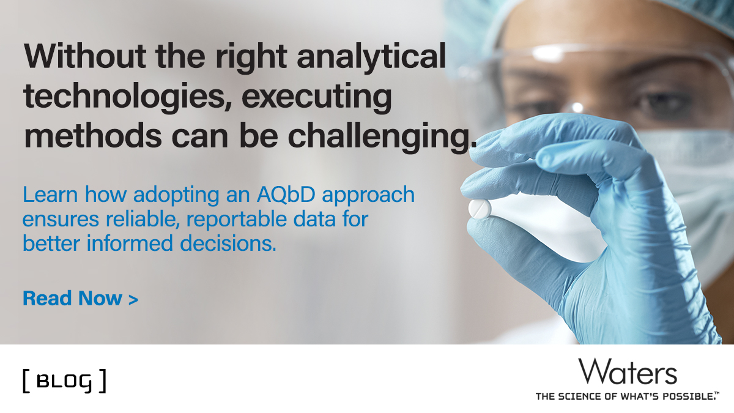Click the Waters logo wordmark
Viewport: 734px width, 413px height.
628,373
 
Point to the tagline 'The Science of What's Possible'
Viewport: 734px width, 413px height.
628,396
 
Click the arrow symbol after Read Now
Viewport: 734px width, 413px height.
133,299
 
